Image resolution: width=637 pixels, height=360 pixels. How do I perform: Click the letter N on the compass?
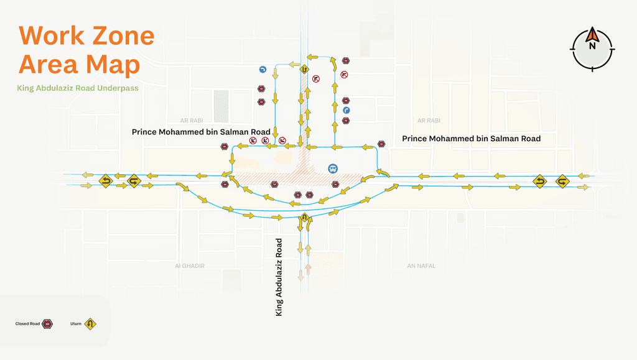592,46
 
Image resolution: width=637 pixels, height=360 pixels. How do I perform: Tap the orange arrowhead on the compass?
592,34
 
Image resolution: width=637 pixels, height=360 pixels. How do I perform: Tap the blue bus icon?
333,168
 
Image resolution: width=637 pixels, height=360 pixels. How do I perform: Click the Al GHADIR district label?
190,265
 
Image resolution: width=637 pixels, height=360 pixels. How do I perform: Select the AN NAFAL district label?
421,265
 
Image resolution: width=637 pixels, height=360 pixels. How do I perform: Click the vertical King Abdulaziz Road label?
279,277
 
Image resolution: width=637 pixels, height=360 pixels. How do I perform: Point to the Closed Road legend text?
27,324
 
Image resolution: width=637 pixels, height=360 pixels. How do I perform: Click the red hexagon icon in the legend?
47,324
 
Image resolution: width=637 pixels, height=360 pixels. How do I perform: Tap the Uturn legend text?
76,324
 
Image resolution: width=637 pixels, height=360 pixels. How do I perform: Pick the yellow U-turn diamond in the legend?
90,324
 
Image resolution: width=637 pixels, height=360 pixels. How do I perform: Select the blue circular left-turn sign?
263,70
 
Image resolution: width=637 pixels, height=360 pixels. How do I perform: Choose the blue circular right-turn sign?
346,110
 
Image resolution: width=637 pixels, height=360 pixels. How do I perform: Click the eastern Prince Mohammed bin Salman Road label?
471,139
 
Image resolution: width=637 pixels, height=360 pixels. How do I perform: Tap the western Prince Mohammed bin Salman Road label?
201,132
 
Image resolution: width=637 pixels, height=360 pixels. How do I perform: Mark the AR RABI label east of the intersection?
429,120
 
